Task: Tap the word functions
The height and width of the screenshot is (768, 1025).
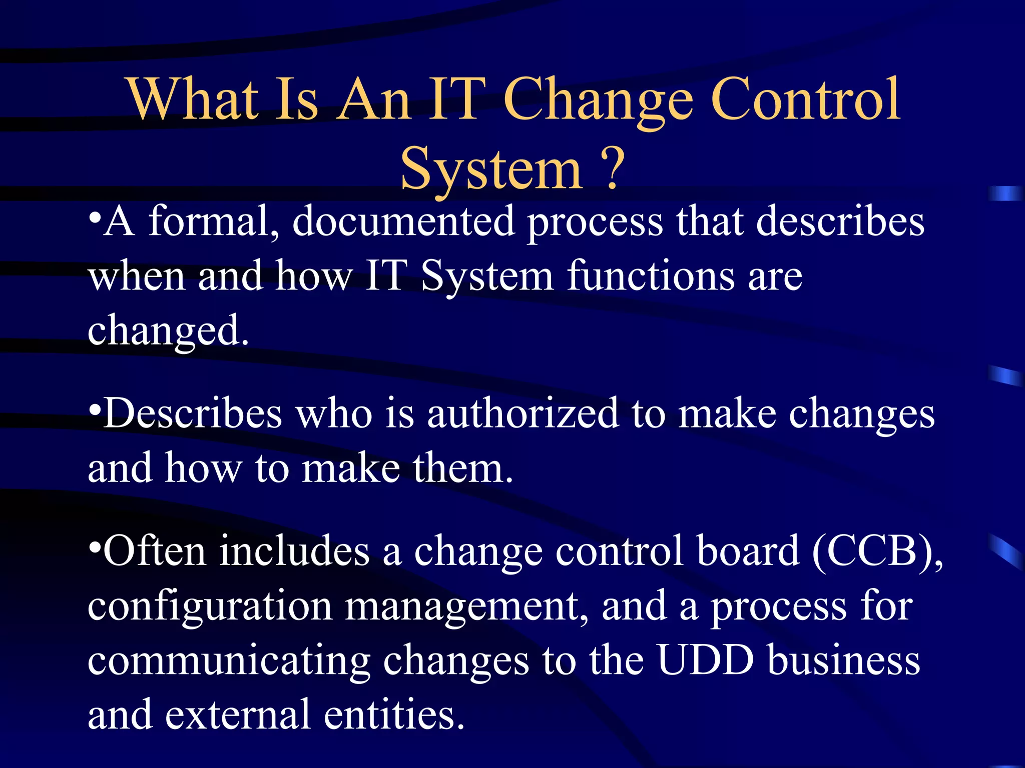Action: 651,276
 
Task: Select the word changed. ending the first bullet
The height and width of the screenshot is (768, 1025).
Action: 168,331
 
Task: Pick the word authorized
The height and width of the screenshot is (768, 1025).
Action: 523,414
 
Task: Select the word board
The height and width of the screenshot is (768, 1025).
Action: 748,551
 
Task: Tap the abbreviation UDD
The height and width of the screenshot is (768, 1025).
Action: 705,661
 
